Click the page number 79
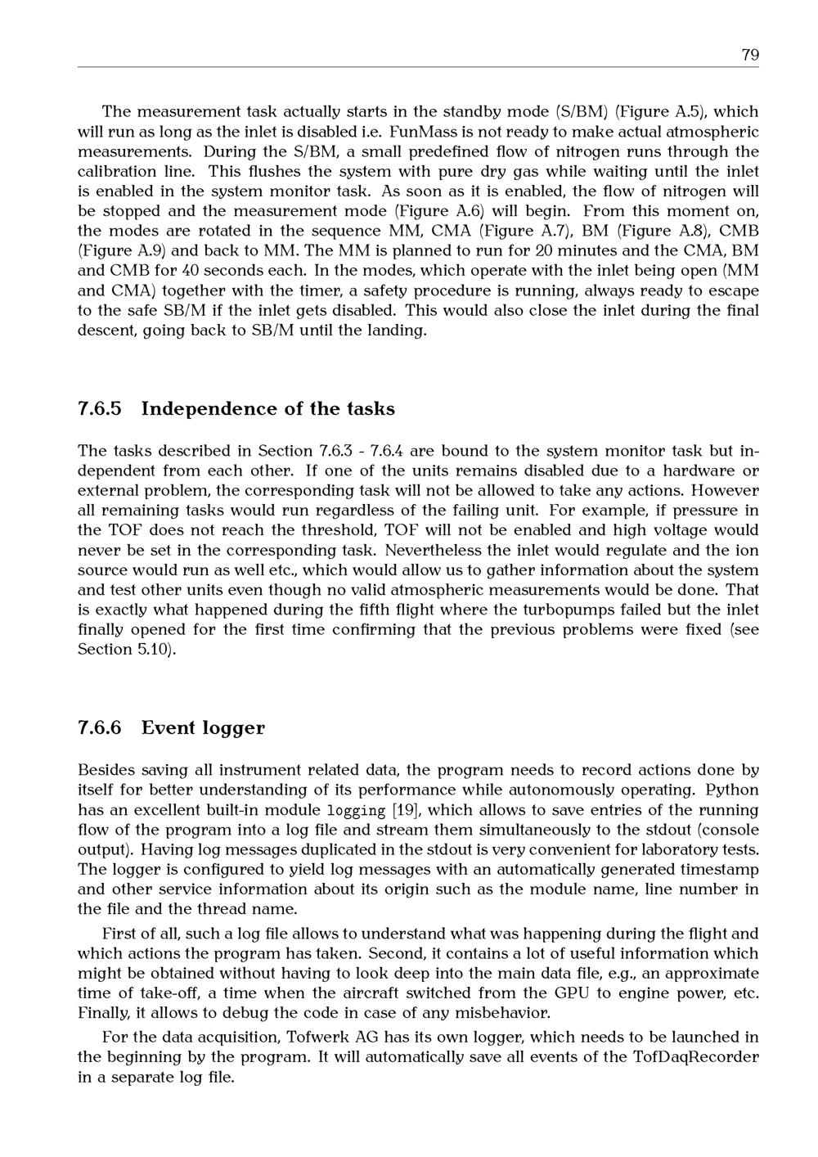[749, 55]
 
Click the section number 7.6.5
[100, 408]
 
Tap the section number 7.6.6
[100, 727]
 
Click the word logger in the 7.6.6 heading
[231, 728]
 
